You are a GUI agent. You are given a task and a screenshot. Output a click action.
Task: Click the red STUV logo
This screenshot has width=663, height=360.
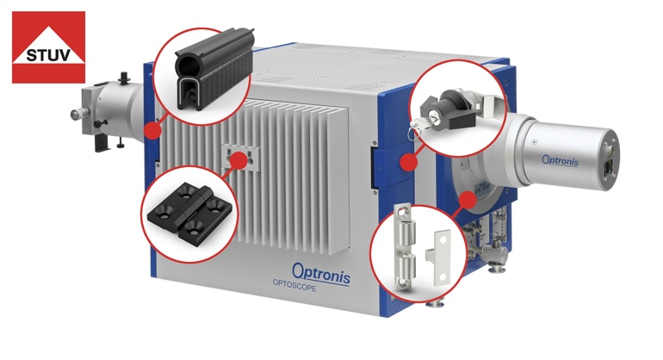point(48,47)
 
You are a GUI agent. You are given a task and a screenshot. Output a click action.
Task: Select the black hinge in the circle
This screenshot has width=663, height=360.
point(189,210)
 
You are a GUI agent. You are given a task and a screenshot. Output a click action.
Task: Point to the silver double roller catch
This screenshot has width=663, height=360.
point(405,248)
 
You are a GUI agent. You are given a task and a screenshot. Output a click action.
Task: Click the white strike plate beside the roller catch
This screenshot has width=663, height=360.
point(440,255)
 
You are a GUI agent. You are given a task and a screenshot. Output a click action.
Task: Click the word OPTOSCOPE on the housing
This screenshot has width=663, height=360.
point(294,287)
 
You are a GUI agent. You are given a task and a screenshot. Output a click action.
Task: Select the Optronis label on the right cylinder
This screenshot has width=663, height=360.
point(561,160)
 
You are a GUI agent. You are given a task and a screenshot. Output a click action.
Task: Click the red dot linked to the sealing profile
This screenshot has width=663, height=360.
point(152,130)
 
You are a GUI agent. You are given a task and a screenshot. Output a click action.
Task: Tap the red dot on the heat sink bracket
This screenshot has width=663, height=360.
point(239,160)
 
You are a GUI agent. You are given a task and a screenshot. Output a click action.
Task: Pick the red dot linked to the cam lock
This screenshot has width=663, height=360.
point(408,162)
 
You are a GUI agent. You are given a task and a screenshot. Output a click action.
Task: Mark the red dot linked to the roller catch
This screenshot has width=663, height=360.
point(468,199)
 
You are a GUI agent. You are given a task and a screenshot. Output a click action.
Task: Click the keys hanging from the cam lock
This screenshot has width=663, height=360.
point(418,125)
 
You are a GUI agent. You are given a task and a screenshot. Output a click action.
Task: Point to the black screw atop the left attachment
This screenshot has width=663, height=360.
point(124,78)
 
